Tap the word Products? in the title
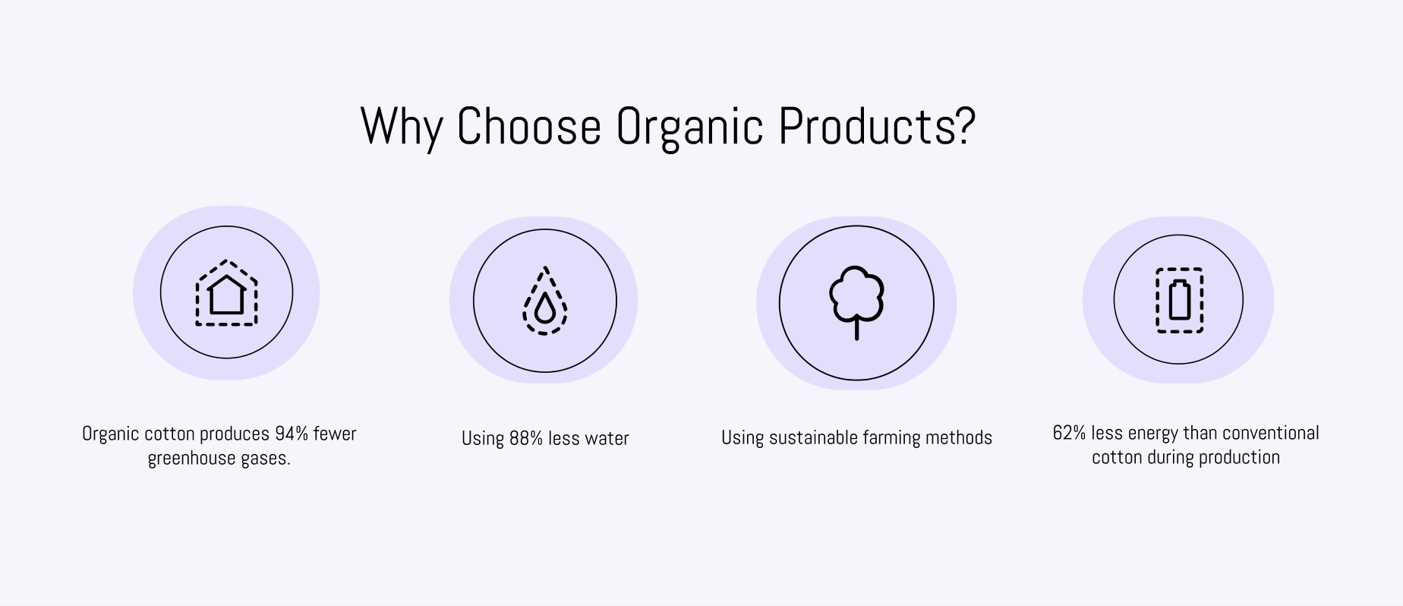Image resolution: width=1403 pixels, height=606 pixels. point(877,125)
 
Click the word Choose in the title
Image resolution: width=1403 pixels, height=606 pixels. point(528,125)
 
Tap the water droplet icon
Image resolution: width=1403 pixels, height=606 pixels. point(545,301)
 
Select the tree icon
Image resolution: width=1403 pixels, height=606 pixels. point(856,302)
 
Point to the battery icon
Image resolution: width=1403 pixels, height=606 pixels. point(1179,300)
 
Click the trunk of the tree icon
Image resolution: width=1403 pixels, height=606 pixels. point(856,328)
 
